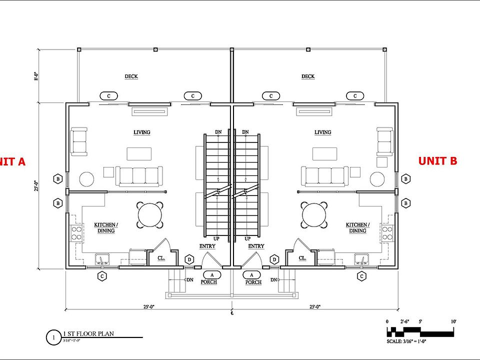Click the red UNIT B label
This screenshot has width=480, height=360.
click(437, 160)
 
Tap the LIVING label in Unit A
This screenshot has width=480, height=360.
click(141, 132)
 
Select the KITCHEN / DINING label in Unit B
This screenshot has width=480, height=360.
click(358, 228)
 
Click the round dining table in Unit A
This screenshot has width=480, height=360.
click(150, 214)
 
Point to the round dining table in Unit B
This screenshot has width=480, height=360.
click(314, 214)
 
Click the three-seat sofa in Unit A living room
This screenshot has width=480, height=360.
click(139, 176)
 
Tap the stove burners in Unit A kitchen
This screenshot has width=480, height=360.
click(77, 233)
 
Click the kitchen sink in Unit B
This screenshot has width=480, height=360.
click(361, 259)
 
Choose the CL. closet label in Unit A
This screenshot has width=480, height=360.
click(161, 258)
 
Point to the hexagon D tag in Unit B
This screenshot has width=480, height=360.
click(274, 259)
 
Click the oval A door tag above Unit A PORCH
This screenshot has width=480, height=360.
click(212, 274)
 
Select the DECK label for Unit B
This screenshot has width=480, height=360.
click(308, 76)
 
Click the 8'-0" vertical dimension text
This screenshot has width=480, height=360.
click(36, 76)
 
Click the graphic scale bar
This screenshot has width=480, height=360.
click(421, 331)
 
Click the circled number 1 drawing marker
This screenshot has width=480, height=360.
click(53, 337)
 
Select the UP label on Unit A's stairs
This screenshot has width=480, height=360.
click(216, 239)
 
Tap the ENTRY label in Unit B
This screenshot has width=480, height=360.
click(256, 246)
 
